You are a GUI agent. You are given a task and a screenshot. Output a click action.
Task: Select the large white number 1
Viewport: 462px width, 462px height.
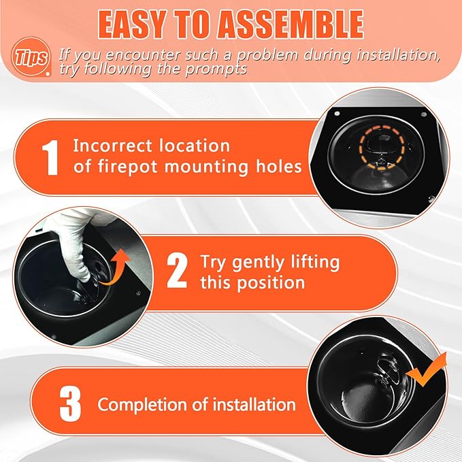[51, 156]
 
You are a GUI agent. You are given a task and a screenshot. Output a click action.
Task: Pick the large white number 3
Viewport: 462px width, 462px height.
[71, 404]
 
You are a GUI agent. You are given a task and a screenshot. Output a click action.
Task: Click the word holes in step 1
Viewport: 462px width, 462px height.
[278, 166]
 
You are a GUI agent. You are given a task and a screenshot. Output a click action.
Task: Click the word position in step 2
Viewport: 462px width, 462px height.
[272, 282]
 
